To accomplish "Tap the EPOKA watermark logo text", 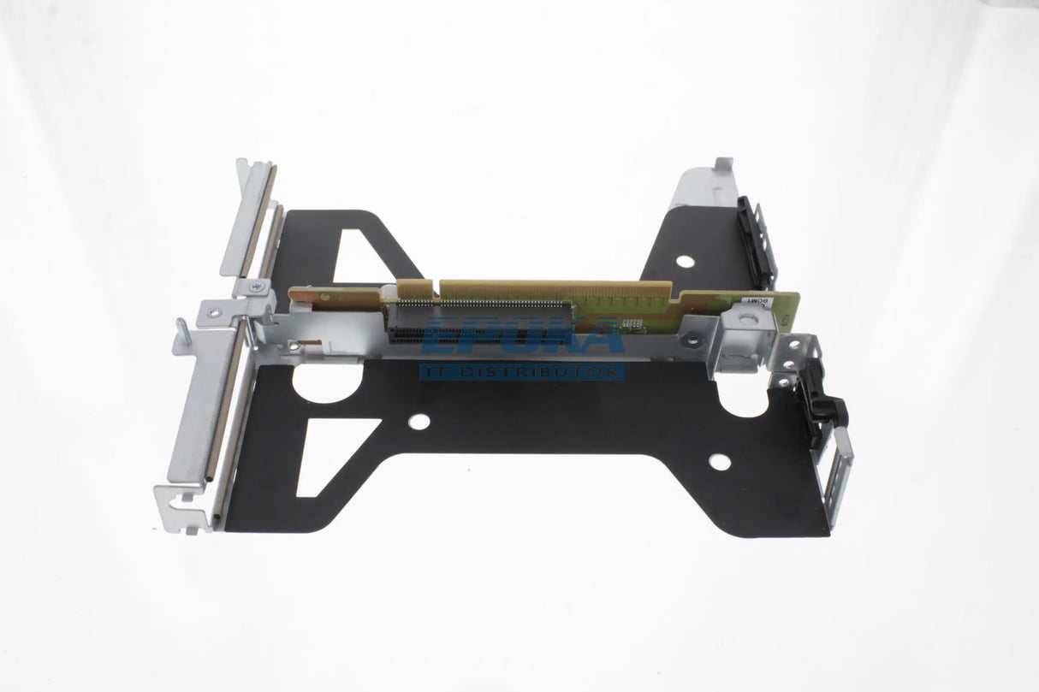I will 522,337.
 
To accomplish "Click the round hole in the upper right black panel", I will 685,261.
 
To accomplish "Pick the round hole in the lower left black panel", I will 419,421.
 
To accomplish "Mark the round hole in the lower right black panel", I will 720,462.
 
